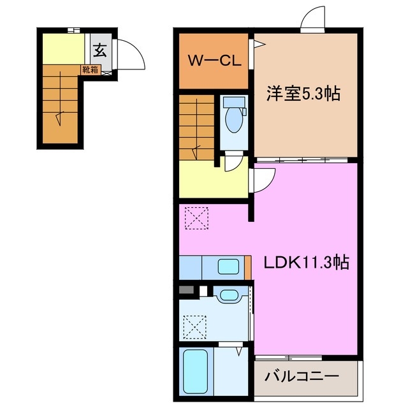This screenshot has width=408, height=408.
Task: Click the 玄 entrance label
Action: tap(101, 49)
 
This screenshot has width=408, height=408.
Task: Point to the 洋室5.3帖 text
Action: tap(302, 94)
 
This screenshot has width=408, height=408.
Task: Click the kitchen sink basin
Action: tap(228, 266)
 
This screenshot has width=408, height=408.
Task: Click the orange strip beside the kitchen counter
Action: tap(247, 266)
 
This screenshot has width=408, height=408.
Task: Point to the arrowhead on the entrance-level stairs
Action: tap(59, 117)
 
